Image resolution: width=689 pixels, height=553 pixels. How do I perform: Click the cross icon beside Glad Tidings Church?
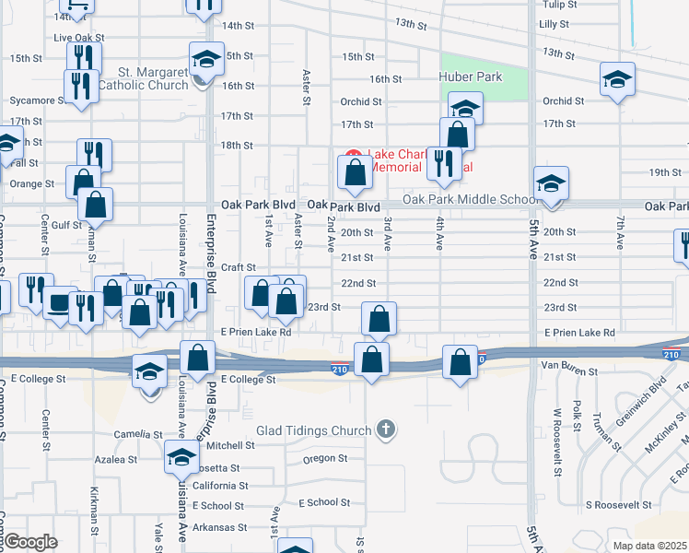click(386, 429)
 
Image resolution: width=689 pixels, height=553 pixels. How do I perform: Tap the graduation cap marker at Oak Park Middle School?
click(551, 182)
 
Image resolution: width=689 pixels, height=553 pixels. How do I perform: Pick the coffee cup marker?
click(59, 302)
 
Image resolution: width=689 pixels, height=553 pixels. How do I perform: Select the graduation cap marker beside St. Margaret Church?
click(206, 59)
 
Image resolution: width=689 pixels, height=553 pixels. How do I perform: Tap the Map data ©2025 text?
click(649, 546)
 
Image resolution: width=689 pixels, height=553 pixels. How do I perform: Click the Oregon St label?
click(324, 458)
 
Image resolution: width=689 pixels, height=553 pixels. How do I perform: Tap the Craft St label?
click(237, 267)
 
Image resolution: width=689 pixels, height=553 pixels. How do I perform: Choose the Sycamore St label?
click(31, 100)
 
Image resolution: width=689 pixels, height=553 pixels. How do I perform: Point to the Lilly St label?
click(554, 24)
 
